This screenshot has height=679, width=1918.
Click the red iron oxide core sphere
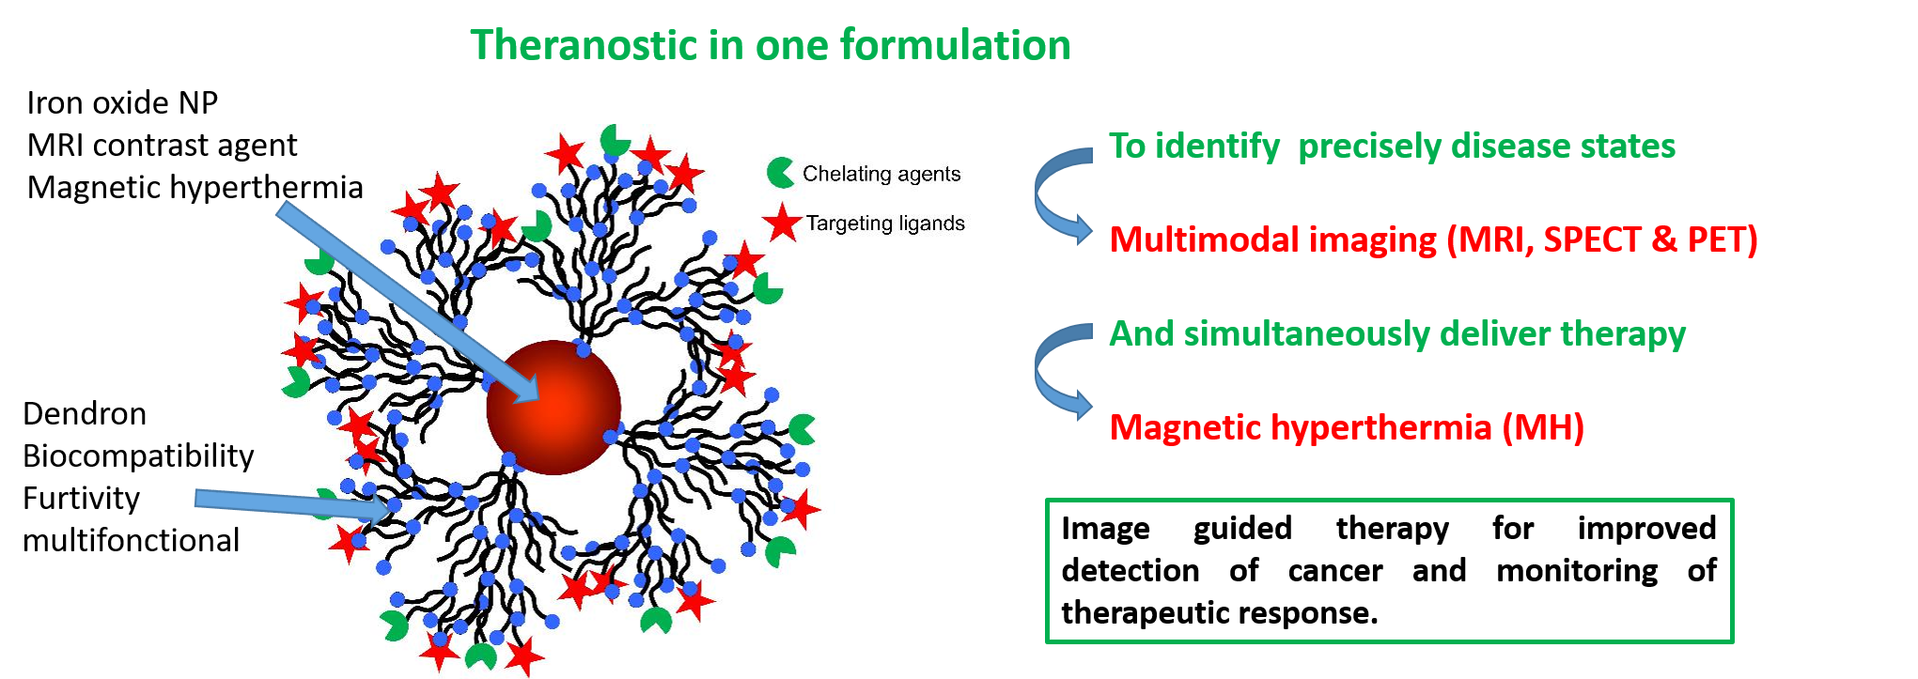[x=554, y=408]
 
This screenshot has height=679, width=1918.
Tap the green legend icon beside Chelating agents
[x=780, y=173]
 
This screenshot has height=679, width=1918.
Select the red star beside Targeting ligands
[x=782, y=223]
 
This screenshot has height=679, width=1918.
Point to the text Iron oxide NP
[x=122, y=102]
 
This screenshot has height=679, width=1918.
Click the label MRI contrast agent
[x=162, y=146]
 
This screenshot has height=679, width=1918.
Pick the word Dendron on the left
[x=85, y=413]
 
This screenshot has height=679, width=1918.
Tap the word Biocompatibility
[x=138, y=456]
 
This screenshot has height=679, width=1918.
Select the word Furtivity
[x=82, y=498]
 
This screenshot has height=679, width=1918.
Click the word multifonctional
[x=132, y=540]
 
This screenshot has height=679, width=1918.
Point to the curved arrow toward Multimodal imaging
[x=1039, y=193]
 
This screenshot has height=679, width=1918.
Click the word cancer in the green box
[x=1334, y=570]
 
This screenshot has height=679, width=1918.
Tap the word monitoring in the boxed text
[x=1577, y=571]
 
